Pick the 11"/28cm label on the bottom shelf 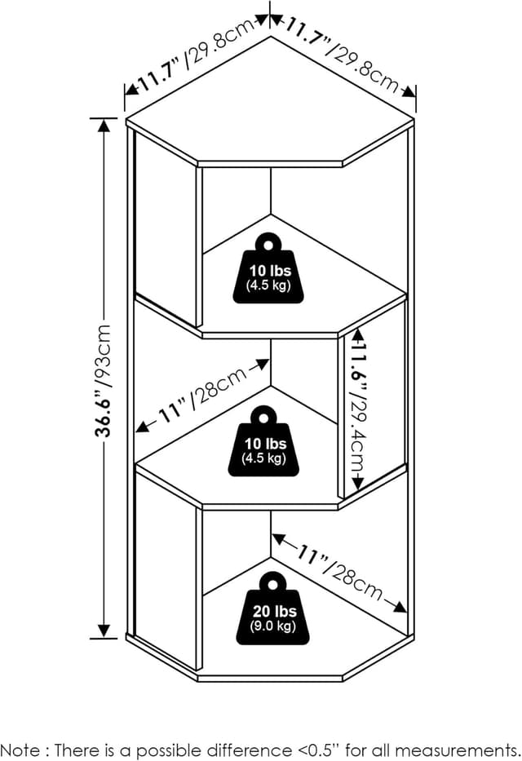tap(338, 571)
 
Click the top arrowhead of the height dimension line tap(104, 124)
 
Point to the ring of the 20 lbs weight tap(272, 584)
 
